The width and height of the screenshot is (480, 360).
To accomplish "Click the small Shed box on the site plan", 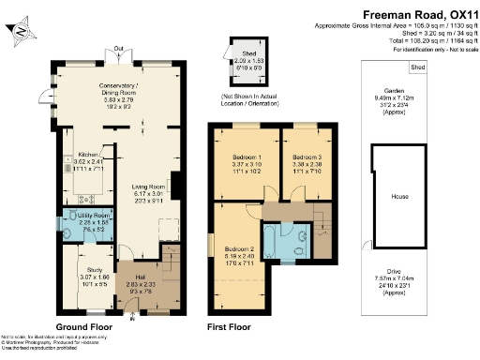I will pyautogui.click(x=418, y=68).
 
